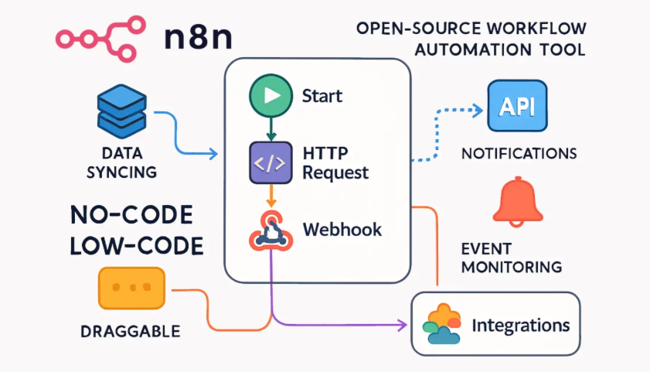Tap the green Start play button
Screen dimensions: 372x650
click(268, 96)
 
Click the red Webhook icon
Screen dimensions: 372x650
click(271, 230)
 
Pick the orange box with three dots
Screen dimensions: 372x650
click(131, 288)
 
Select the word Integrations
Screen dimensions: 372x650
click(520, 323)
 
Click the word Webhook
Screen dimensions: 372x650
click(342, 230)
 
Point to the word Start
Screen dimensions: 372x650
click(322, 97)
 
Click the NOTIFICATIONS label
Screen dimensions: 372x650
click(519, 152)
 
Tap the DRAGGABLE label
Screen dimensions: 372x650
click(130, 332)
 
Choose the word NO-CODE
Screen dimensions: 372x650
click(131, 215)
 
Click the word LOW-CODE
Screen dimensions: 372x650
click(136, 245)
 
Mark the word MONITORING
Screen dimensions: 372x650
click(511, 268)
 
